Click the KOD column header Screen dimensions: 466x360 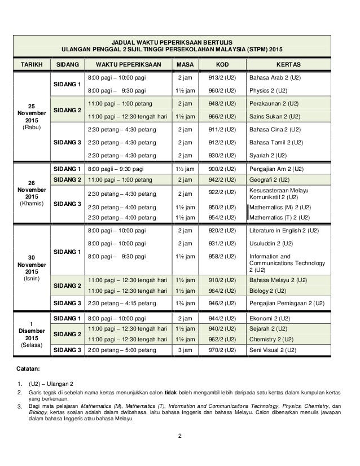[222, 65]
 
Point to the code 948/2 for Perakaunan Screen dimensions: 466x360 [222, 104]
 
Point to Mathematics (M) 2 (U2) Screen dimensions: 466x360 [280, 207]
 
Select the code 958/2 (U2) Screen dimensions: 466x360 [222, 256]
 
